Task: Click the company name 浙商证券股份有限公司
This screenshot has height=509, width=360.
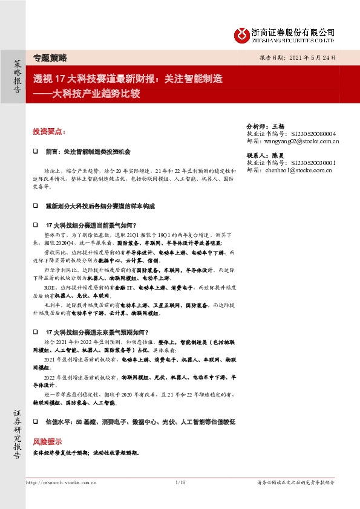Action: click(292, 31)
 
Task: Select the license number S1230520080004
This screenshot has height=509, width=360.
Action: click(314, 134)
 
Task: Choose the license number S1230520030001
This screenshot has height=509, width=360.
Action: click(313, 163)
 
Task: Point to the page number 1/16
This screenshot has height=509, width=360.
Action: click(179, 482)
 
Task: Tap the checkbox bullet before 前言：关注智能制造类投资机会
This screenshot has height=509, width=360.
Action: click(35, 151)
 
